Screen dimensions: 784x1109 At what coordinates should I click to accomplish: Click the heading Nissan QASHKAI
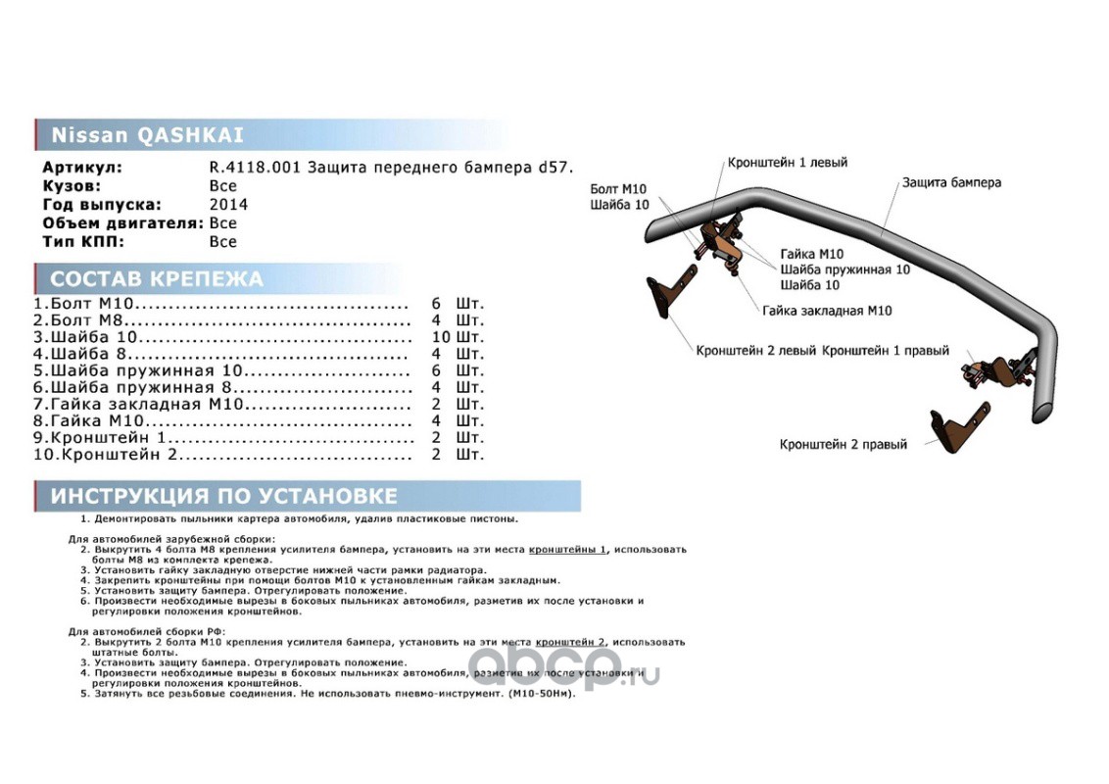pos(148,135)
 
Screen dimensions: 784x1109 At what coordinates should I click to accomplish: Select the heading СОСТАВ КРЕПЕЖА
pos(157,279)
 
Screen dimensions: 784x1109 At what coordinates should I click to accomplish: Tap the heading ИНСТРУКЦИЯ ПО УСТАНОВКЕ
pos(224,496)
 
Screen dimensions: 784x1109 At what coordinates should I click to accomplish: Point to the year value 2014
pos(228,205)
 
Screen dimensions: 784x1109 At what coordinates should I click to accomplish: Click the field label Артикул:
pos(82,168)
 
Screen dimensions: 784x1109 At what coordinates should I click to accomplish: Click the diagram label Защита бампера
pos(951,183)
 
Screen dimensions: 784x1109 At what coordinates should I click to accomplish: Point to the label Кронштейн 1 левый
pos(787,163)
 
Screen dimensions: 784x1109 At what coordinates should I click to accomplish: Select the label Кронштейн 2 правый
pos(844,445)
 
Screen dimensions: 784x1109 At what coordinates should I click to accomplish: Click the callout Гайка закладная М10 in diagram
pos(827,312)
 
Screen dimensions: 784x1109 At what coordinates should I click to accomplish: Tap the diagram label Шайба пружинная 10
pos(845,269)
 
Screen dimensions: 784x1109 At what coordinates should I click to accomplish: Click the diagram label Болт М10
pos(618,189)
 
